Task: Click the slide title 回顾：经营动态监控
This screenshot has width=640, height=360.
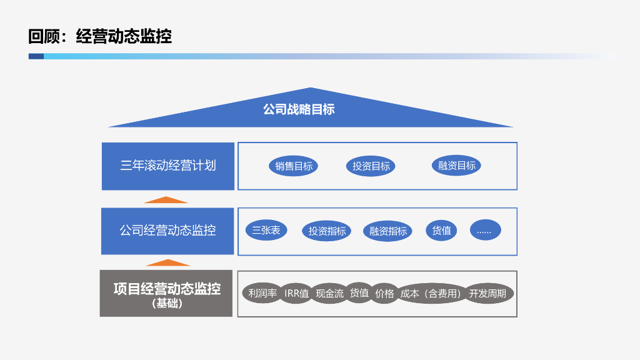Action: point(100,36)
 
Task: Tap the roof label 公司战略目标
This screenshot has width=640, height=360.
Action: point(299,109)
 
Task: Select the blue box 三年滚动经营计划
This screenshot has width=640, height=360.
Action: point(168,166)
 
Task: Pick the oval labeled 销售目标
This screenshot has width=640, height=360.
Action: point(294,166)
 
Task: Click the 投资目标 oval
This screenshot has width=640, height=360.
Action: point(371,166)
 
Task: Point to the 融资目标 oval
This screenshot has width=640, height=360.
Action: point(456,166)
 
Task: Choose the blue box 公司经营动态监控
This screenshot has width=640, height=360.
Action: point(167,231)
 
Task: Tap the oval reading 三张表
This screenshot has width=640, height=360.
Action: point(266,230)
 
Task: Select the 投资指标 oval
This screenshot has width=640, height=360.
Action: point(327,231)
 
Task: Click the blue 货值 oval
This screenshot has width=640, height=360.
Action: point(441,230)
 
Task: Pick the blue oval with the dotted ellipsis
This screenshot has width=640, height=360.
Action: point(485,230)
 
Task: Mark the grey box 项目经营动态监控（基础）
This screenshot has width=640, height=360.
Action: point(166,293)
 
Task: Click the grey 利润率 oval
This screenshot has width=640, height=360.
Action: point(262,293)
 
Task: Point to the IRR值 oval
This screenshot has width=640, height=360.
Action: point(296,293)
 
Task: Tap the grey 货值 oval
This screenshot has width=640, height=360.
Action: point(359,293)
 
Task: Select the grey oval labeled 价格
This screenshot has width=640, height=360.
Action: point(384,293)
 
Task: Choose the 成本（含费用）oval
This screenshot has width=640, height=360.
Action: point(431,293)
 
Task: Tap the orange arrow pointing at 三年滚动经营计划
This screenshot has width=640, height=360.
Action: point(166,200)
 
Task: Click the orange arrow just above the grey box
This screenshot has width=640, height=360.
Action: point(167,263)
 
